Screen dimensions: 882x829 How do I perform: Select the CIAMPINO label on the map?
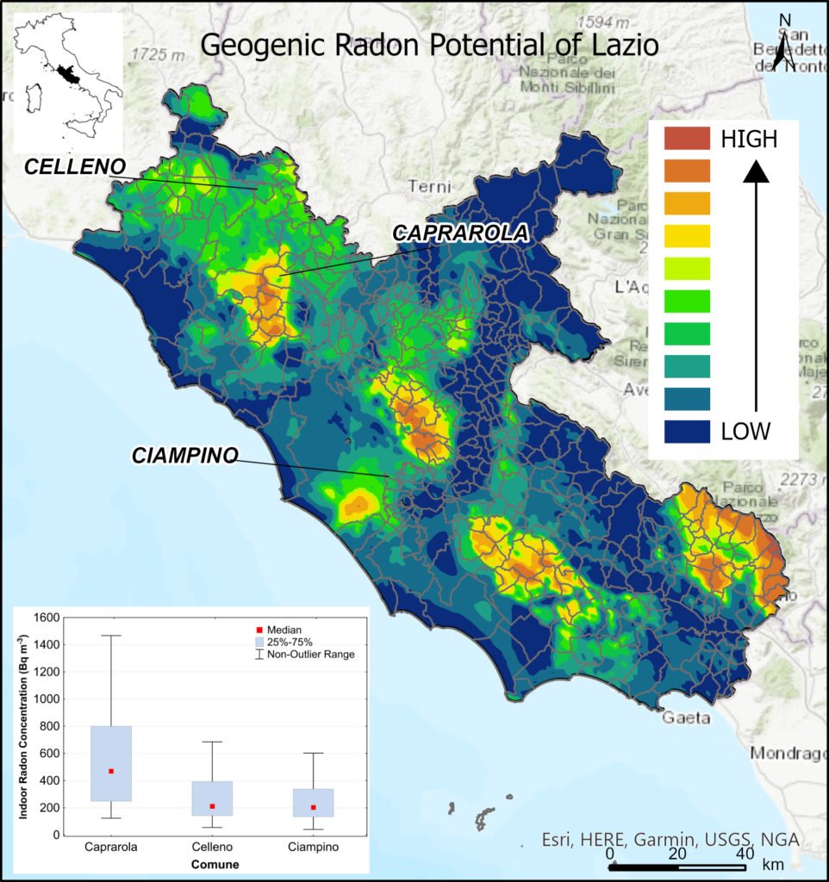[x=184, y=456]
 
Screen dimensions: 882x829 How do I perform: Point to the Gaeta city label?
[x=687, y=717]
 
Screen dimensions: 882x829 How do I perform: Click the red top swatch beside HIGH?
[x=687, y=138]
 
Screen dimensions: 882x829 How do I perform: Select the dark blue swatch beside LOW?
[x=687, y=431]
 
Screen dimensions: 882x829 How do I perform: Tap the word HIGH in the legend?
[x=749, y=138]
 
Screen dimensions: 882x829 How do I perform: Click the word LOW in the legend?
[x=745, y=431]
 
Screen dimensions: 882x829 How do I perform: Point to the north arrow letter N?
[x=784, y=22]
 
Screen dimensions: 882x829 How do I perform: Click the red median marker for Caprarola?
[x=111, y=771]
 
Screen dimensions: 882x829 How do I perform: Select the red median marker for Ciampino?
[x=313, y=807]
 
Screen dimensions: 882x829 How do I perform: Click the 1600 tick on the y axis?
[x=45, y=617]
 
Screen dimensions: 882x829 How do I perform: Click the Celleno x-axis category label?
[x=212, y=848]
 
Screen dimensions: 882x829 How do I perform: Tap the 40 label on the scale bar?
[x=740, y=853]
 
